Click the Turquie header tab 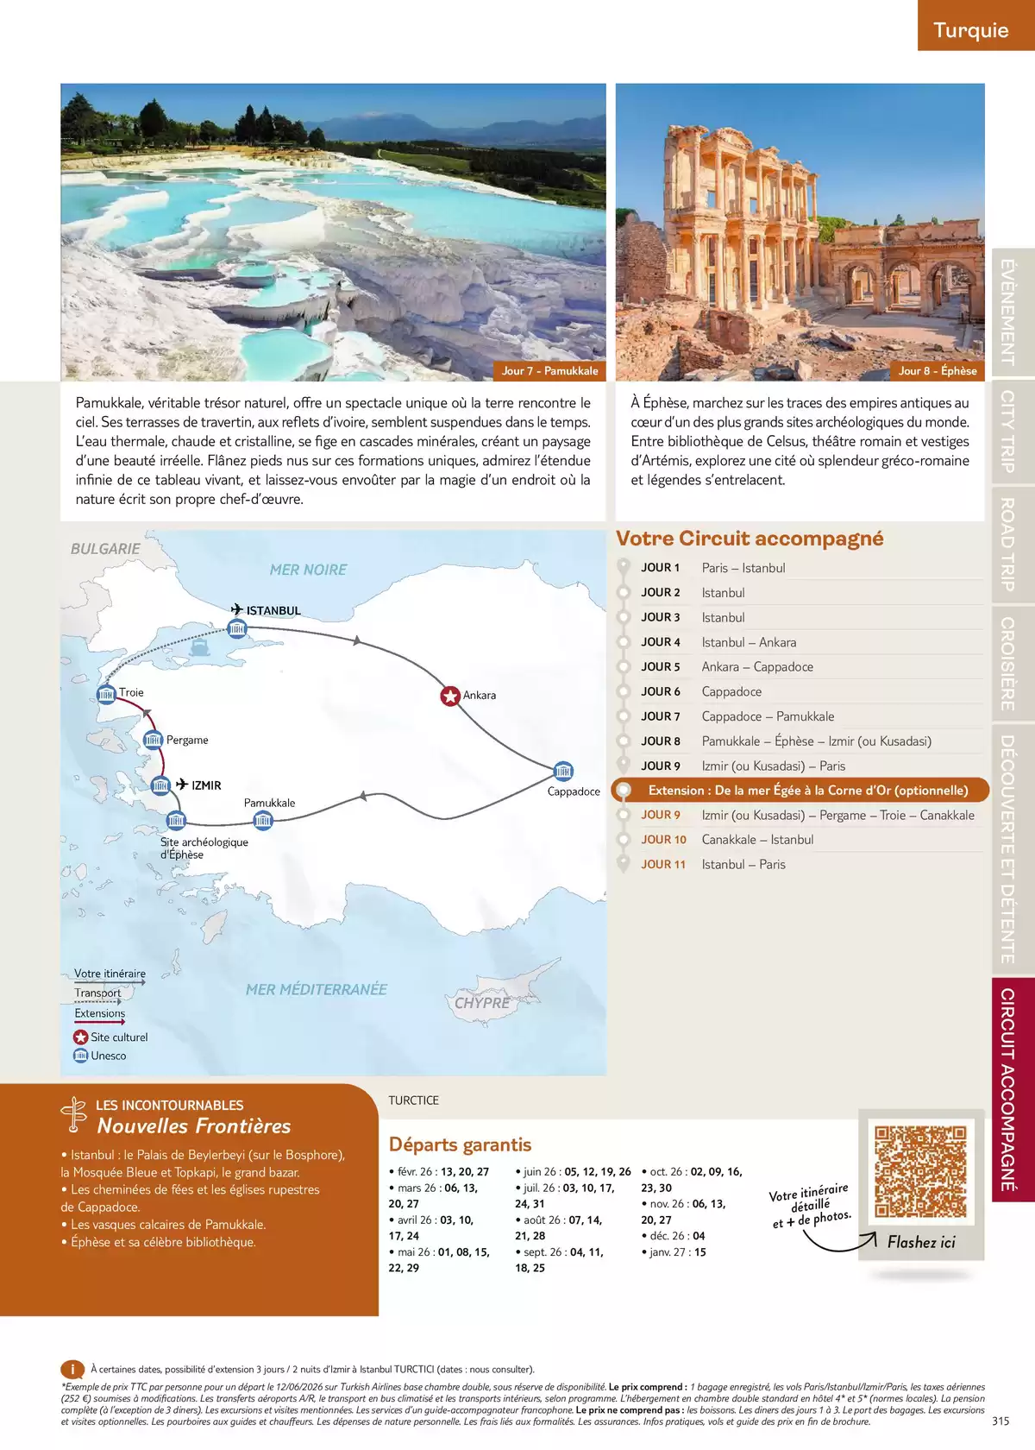(x=970, y=30)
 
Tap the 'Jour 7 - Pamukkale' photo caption (x=549, y=371)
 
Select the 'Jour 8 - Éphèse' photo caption (x=938, y=371)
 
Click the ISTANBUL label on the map (x=273, y=610)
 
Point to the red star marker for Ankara (x=450, y=696)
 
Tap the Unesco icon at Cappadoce (x=563, y=771)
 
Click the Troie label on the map (x=131, y=692)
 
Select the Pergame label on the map (x=187, y=740)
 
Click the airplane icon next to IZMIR (x=182, y=785)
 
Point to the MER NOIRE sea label (x=308, y=570)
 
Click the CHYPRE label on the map (x=481, y=1003)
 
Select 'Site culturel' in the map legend (x=119, y=1037)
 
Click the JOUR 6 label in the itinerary (x=661, y=691)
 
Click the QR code (x=921, y=1171)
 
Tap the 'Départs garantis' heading (x=460, y=1144)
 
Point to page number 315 (x=1000, y=1422)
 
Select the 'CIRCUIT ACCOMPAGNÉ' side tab (x=1007, y=1089)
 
